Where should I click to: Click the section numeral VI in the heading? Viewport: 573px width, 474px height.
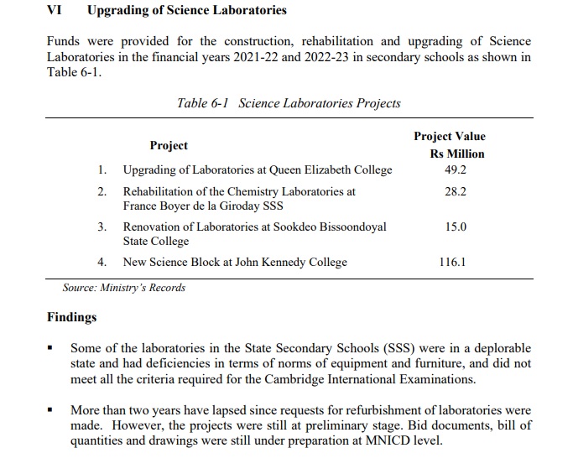pos(54,11)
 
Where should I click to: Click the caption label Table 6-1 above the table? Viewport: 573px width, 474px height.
pos(204,103)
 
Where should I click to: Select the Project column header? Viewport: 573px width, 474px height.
pos(169,145)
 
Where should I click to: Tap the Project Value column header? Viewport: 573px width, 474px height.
pos(449,136)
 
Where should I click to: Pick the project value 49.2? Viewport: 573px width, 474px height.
pos(456,169)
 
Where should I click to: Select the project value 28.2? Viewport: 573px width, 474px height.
pos(456,191)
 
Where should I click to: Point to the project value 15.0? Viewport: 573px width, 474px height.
pos(456,227)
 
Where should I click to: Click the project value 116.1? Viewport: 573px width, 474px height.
pos(453,262)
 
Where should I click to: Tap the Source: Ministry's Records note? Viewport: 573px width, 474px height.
pos(124,288)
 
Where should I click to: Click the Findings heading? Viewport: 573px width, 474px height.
pos(71,317)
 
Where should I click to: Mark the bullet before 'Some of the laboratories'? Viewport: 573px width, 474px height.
pos(51,347)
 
